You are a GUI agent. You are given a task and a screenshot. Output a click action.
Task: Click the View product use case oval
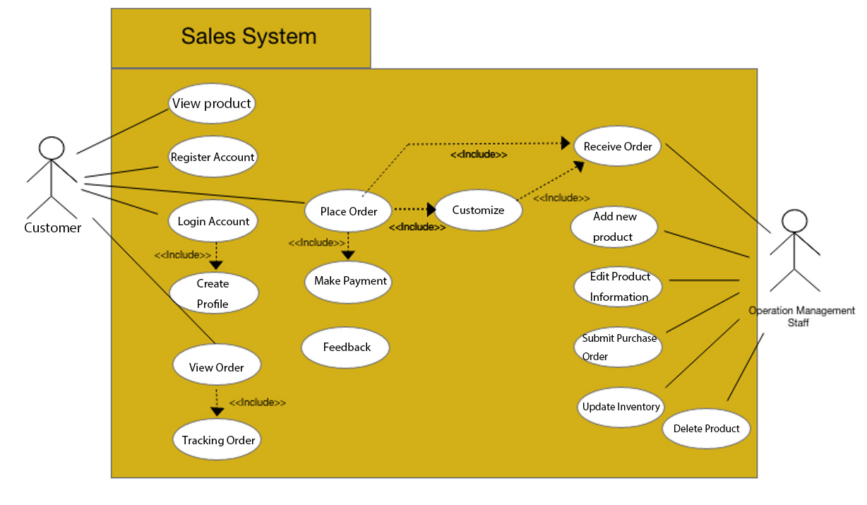pos(212,104)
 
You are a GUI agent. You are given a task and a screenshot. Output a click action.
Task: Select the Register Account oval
pos(213,157)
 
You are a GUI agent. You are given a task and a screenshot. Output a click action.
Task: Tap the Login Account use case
pos(213,221)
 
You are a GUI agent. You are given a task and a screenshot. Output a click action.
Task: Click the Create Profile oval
pos(213,293)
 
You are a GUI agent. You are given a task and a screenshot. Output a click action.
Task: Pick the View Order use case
pos(217,367)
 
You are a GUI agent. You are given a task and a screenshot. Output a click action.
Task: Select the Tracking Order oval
pos(217,439)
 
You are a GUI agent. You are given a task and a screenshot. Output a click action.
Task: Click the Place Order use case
pos(348,211)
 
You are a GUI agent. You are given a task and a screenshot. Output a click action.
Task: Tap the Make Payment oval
pos(349,281)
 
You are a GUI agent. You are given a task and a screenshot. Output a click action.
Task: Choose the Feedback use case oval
pos(346,347)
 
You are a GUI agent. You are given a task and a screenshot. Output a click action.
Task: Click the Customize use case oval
pos(478,210)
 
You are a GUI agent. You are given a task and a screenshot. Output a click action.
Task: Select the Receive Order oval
pos(618,146)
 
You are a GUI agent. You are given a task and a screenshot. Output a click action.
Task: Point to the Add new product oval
pos(614,227)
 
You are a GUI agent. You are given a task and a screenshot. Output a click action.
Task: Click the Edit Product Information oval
pos(618,286)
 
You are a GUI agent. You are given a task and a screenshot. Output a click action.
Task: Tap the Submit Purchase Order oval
pos(618,347)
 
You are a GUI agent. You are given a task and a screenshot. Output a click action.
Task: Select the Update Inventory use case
pos(621,407)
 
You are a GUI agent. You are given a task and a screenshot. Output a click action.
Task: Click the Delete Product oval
pos(706,428)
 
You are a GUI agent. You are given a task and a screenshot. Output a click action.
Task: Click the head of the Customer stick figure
pos(52,148)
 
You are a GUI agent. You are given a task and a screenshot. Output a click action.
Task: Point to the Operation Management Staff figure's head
pos(794,220)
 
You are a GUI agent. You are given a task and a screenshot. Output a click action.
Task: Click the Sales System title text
pos(249,36)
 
